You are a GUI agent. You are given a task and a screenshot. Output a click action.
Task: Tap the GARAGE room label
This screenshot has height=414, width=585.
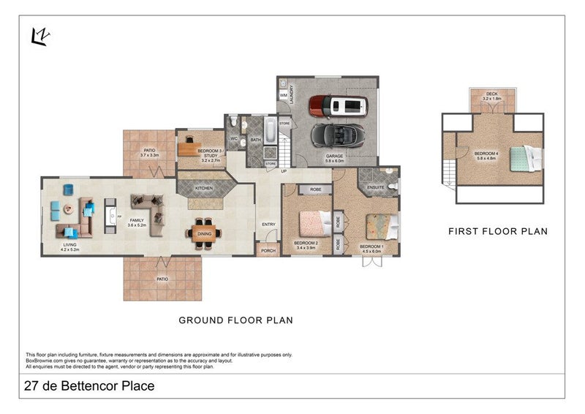[x=334, y=157]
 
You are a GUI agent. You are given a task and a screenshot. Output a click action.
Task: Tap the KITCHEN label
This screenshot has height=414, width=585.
[x=204, y=189]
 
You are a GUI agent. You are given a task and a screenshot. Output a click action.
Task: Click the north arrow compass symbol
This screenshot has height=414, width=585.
[x=39, y=35]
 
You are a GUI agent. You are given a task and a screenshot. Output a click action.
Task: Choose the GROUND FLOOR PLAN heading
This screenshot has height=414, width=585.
[x=235, y=320]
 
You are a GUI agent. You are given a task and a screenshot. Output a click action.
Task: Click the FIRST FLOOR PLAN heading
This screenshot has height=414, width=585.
[x=497, y=231]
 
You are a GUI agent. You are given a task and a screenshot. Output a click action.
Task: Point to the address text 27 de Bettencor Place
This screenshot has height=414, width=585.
[x=89, y=386]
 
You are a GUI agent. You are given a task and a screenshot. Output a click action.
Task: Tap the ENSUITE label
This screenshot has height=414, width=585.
[x=376, y=188]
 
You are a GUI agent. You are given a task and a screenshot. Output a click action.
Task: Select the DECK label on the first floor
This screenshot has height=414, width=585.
[x=488, y=94]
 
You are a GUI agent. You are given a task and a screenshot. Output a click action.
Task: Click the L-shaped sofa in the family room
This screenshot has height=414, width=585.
[x=147, y=208]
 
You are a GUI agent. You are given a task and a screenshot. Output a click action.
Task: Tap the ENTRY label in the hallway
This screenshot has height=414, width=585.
[x=268, y=225]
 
